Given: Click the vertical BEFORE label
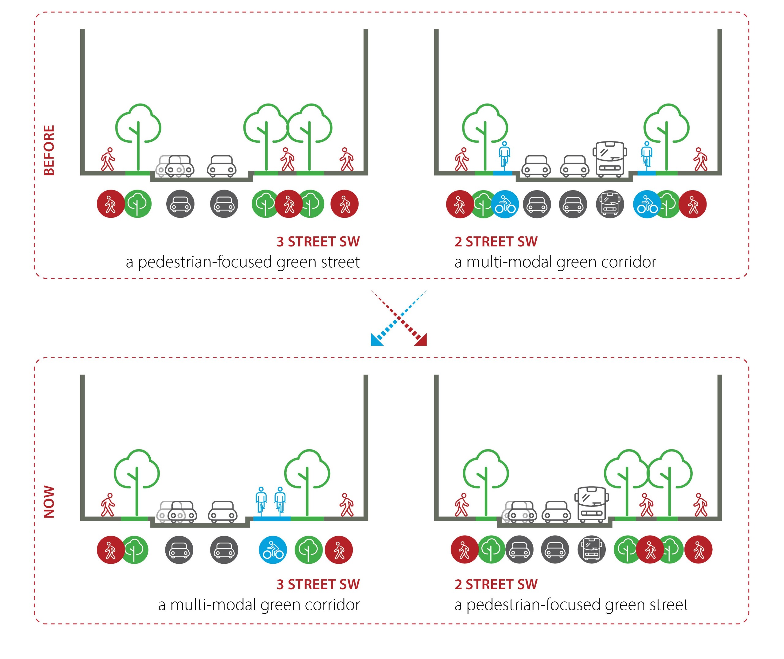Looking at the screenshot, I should pos(49,150).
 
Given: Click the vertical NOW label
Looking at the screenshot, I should pos(49,502).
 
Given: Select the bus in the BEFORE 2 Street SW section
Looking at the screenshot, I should pos(609,159).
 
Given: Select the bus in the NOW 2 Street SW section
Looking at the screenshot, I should pos(591,504).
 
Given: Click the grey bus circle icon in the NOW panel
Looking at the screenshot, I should pos(591,550).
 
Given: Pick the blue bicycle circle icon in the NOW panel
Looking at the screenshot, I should pos(273,550).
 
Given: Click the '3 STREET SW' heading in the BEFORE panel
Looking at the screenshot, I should pos(318,242).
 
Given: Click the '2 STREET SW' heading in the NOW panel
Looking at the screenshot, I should pos(496,584).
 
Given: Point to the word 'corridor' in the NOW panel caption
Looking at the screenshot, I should pos(332,605).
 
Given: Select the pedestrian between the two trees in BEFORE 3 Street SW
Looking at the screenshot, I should pos(287,160).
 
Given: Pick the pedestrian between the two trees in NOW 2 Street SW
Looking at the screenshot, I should pos(646,505).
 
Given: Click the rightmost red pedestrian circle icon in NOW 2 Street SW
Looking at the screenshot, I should pos(698,550).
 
